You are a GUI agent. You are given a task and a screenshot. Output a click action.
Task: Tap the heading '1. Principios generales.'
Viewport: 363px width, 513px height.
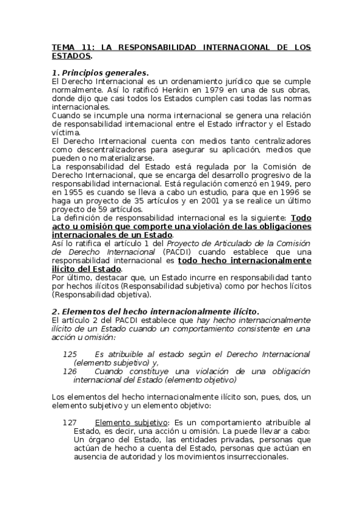click(x=100, y=73)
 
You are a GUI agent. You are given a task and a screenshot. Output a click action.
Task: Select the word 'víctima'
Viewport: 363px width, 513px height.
click(x=65, y=132)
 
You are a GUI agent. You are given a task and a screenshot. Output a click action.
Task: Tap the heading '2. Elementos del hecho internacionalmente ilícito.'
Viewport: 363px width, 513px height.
click(x=156, y=311)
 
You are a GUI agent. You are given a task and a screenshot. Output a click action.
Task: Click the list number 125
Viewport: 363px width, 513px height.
click(x=70, y=354)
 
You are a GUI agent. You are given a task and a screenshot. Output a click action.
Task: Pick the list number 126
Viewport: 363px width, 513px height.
click(x=70, y=371)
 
